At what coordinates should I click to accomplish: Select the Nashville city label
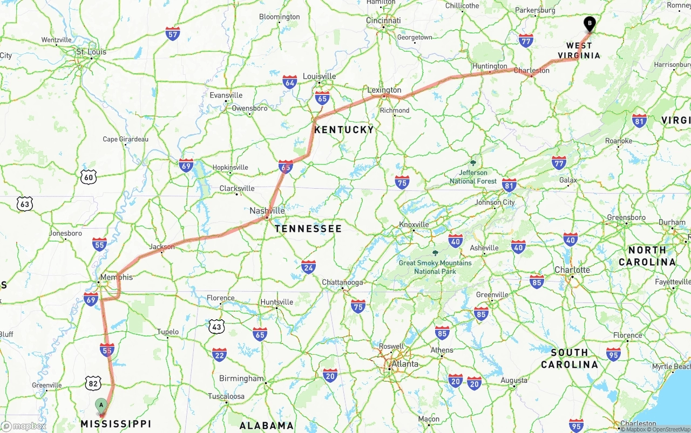(x=267, y=211)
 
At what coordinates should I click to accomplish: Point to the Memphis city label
(x=116, y=277)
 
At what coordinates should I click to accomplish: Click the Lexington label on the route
(x=384, y=90)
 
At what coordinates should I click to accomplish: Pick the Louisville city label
(x=319, y=76)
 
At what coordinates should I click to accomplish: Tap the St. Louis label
(x=91, y=52)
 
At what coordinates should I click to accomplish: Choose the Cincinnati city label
(x=383, y=20)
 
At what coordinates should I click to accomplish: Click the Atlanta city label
(x=404, y=364)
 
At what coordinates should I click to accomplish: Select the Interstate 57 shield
(x=173, y=33)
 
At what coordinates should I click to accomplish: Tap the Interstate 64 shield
(x=290, y=82)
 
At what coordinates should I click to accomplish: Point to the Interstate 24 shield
(x=308, y=266)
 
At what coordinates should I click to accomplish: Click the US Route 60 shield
(x=89, y=176)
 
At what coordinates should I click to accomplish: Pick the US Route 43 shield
(x=217, y=326)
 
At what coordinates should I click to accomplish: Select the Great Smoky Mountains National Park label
(x=435, y=267)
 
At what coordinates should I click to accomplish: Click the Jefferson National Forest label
(x=473, y=177)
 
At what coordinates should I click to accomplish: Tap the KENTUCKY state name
(x=344, y=129)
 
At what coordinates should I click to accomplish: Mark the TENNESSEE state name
(x=308, y=229)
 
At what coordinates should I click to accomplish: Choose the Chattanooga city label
(x=342, y=282)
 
